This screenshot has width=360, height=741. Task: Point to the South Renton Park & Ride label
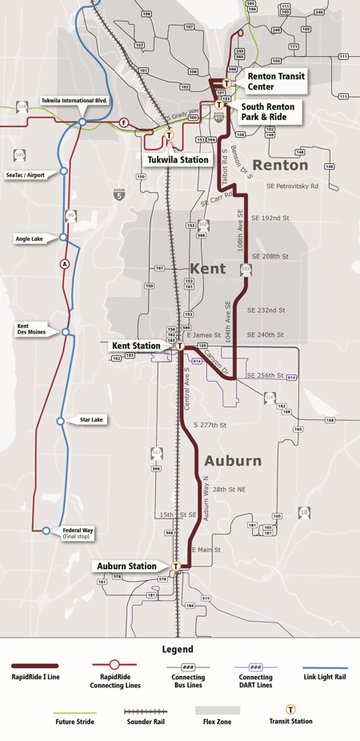pyautogui.click(x=268, y=111)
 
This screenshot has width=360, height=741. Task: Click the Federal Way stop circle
pyautogui.click(x=46, y=531)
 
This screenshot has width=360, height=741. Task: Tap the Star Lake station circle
pyautogui.click(x=61, y=420)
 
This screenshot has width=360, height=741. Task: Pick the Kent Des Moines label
pyautogui.click(x=31, y=330)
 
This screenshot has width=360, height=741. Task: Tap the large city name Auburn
pyautogui.click(x=233, y=461)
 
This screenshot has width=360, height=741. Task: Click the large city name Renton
pyautogui.click(x=280, y=165)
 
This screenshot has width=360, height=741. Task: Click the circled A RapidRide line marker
pyautogui.click(x=65, y=264)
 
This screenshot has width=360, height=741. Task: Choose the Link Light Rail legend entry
pyautogui.click(x=325, y=676)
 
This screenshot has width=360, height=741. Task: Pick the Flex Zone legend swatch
pyautogui.click(x=218, y=710)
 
